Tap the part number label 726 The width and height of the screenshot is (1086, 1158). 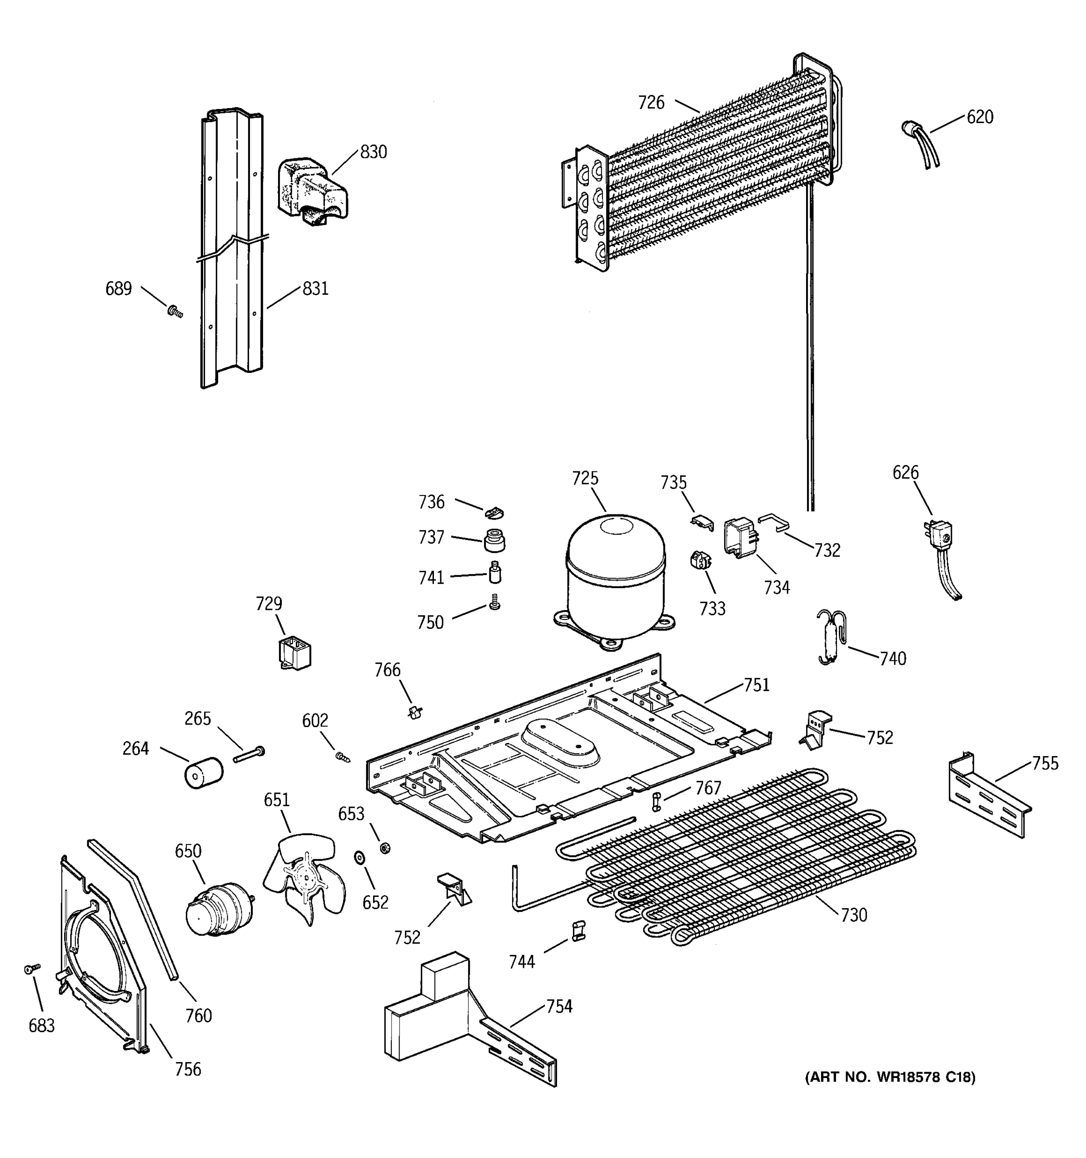point(651,102)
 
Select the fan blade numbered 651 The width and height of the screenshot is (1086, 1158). point(304,877)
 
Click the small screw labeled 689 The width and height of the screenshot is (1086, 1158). point(174,313)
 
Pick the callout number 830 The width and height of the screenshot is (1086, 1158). point(373,152)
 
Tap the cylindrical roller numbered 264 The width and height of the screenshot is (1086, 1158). point(203,773)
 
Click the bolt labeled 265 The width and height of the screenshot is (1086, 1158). point(250,754)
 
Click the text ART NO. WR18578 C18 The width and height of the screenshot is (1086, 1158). point(890,1077)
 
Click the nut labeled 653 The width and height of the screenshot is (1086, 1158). point(385,848)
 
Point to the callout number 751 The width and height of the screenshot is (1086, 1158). point(756,685)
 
